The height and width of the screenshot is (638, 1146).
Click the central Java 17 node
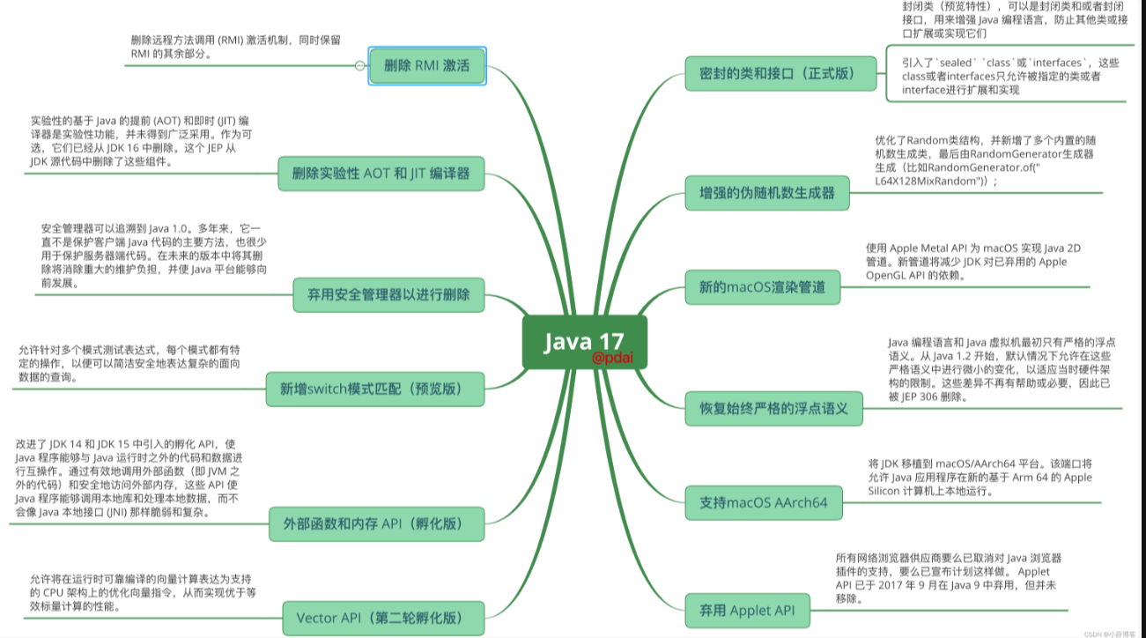click(584, 342)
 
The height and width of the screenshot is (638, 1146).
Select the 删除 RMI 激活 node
click(427, 65)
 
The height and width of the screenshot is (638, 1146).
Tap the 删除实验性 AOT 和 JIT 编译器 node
click(381, 174)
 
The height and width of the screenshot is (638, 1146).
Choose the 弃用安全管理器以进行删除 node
click(388, 294)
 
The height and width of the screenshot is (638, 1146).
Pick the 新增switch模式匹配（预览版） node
click(375, 389)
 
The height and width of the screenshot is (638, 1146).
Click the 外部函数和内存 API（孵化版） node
click(377, 523)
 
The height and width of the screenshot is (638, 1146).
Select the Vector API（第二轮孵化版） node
click(384, 618)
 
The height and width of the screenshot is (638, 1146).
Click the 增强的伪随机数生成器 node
click(767, 192)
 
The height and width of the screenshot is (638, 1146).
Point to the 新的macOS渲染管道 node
click(762, 287)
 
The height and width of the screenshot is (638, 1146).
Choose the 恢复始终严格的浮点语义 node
click(773, 408)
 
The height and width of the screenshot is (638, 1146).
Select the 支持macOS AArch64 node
click(764, 503)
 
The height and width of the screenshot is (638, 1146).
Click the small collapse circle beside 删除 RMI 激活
click(359, 65)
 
